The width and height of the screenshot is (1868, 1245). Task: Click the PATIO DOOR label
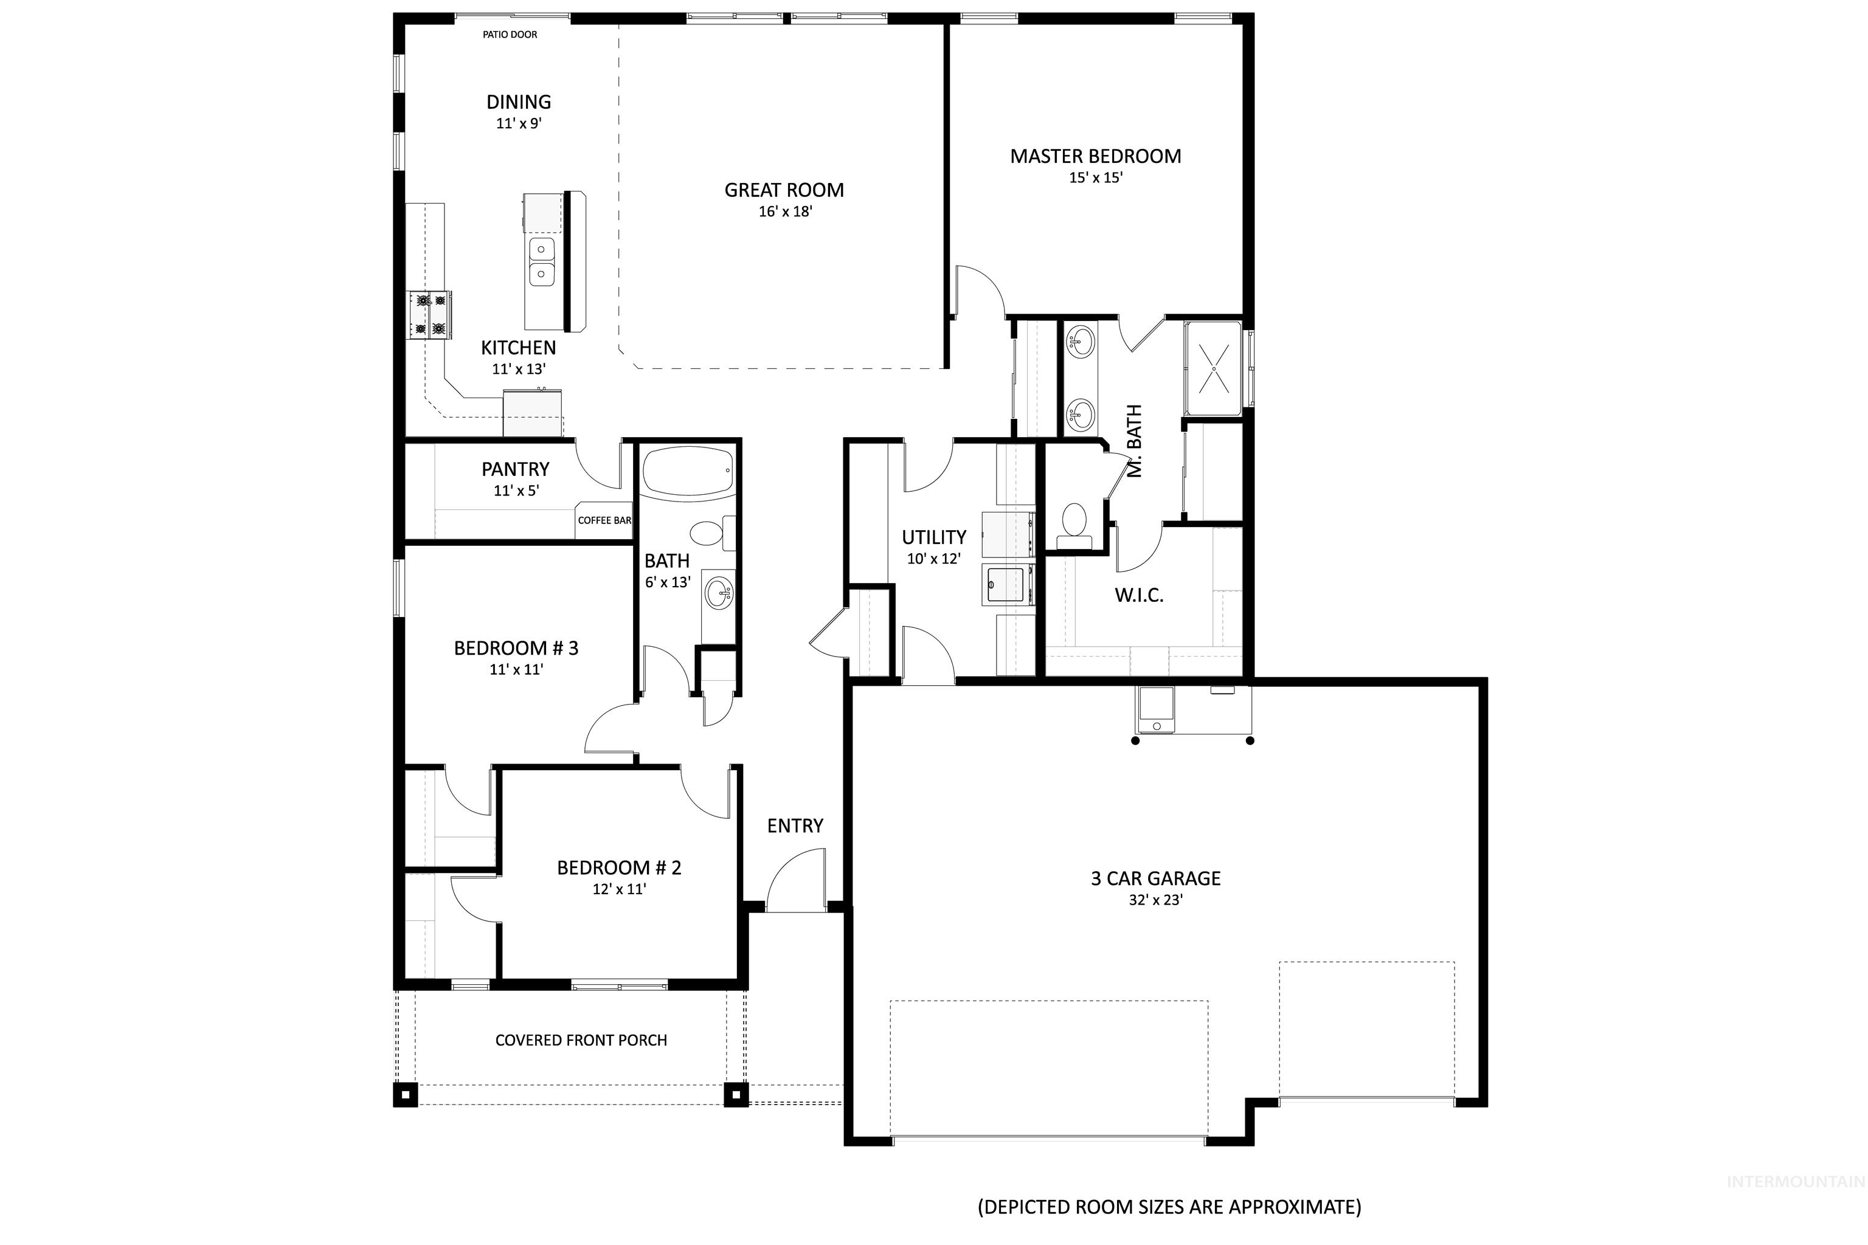click(510, 34)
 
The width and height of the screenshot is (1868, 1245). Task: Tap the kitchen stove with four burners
click(430, 314)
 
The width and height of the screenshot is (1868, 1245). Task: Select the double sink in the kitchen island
click(542, 261)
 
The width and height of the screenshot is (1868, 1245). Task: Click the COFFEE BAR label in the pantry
click(604, 520)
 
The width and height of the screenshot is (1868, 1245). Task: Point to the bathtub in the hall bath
click(688, 472)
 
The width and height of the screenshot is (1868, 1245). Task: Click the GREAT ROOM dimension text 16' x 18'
click(784, 211)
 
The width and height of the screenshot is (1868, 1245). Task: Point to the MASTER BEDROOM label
click(1095, 156)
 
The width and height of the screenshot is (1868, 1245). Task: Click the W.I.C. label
click(1139, 595)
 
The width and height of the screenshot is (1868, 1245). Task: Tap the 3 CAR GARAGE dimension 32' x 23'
click(1155, 900)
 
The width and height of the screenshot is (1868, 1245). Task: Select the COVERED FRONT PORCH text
click(581, 1040)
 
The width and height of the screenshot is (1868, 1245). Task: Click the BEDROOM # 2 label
click(618, 868)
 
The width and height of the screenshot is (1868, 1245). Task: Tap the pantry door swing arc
click(597, 466)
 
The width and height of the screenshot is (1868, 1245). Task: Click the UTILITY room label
click(933, 537)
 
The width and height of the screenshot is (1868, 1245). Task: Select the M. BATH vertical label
click(1134, 441)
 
